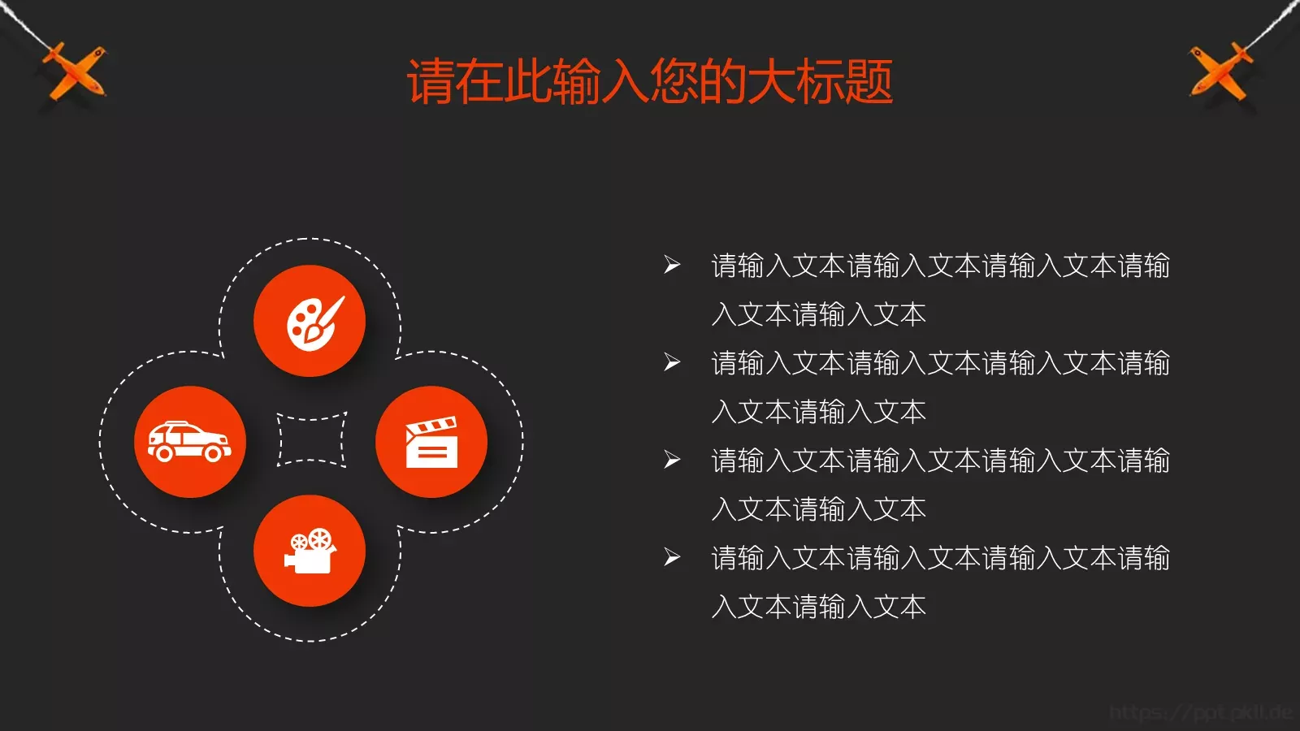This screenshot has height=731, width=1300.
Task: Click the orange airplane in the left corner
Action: [x=73, y=71]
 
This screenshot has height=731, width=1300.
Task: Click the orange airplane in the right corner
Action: [x=1220, y=71]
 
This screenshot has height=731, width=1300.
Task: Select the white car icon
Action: [x=189, y=441]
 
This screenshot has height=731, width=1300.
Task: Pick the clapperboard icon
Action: [x=431, y=443]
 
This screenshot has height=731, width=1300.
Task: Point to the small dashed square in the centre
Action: [x=312, y=441]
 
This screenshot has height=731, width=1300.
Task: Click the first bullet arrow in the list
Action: [x=672, y=265]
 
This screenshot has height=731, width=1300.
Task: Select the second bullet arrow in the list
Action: [x=672, y=362]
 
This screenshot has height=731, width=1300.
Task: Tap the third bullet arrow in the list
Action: [x=672, y=460]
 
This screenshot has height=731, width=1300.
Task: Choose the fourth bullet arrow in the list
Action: [x=672, y=557]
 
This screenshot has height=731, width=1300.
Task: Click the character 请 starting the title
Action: [x=431, y=81]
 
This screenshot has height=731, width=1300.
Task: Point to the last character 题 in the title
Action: [x=869, y=81]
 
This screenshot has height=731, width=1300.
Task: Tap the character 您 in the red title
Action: [x=674, y=81]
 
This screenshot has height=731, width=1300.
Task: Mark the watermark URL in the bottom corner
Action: [x=1200, y=713]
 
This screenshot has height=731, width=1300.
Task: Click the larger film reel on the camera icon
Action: [x=320, y=538]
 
